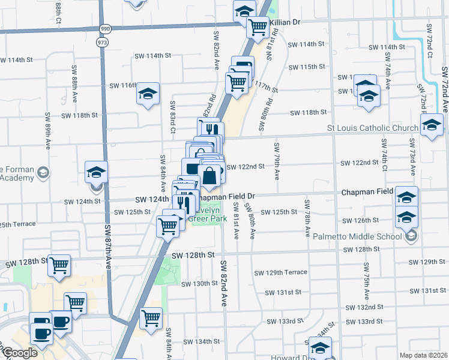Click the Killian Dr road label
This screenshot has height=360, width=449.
tap(285, 22)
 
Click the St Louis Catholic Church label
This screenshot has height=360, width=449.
tap(372, 128)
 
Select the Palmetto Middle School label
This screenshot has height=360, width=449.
tap(357, 236)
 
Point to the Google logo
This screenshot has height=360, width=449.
tap(20, 353)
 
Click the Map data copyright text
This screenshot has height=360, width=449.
tap(423, 355)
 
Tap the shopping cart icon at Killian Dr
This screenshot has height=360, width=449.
tap(258, 26)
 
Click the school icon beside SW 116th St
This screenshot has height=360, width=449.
tap(148, 94)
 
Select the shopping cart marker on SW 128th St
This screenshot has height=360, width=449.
tap(59, 265)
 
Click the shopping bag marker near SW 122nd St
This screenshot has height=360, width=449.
tap(210, 176)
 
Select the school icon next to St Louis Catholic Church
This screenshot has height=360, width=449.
tap(432, 125)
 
